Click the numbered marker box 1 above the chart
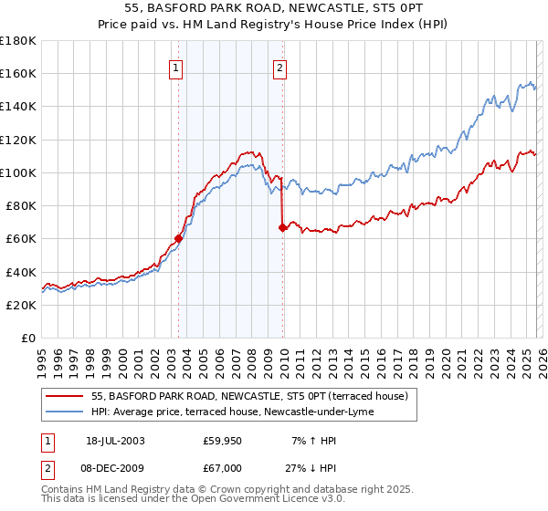174,66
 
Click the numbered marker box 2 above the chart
279,66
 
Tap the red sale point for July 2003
179,239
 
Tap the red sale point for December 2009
282,227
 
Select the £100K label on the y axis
18,172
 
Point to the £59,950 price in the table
222,441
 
